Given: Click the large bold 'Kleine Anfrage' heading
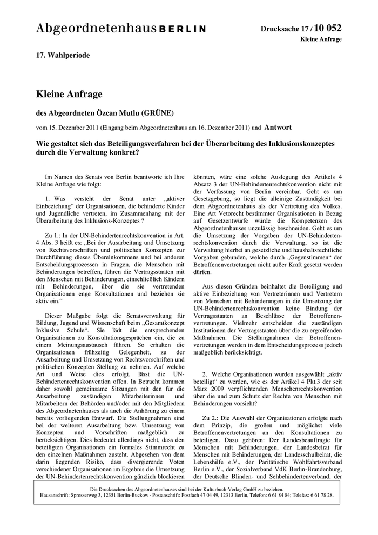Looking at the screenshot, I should coord(69,95).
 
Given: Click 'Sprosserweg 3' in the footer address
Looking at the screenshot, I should coord(89,495).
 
